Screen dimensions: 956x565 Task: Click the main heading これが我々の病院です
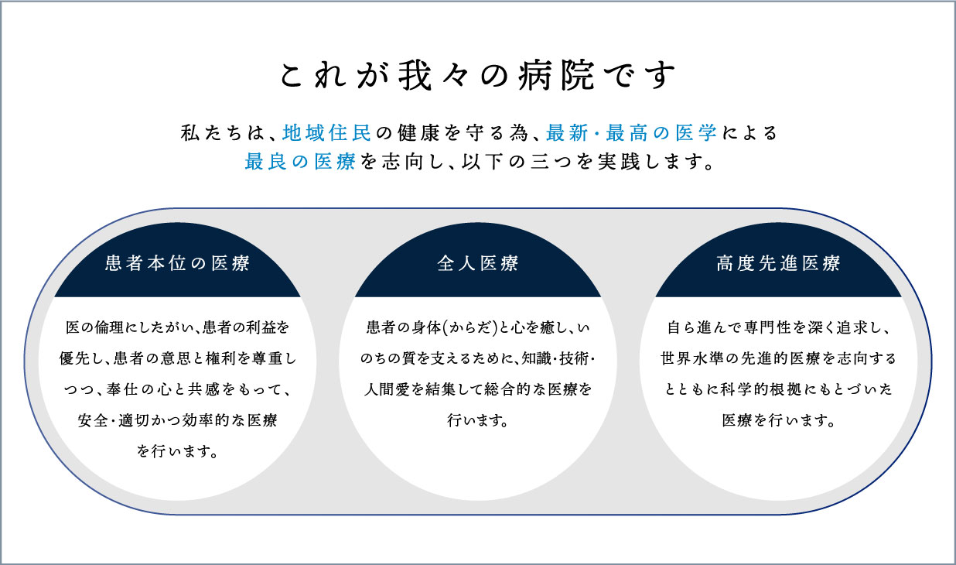tap(477, 76)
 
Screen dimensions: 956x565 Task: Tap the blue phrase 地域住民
tap(326, 133)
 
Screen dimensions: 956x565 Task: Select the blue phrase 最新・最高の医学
tap(631, 133)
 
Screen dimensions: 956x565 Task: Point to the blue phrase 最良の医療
tap(300, 162)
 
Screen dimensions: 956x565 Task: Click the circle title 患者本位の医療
tap(178, 263)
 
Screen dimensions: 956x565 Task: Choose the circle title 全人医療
tap(477, 263)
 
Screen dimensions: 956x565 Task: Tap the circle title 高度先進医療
tap(778, 263)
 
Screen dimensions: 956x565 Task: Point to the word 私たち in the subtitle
tap(209, 133)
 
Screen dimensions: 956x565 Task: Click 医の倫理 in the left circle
tap(94, 327)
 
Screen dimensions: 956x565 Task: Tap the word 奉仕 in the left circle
tap(121, 389)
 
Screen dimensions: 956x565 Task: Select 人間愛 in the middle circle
tap(387, 389)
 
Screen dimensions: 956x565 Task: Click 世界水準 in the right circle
tap(691, 358)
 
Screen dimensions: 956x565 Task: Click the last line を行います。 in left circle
tap(178, 451)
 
